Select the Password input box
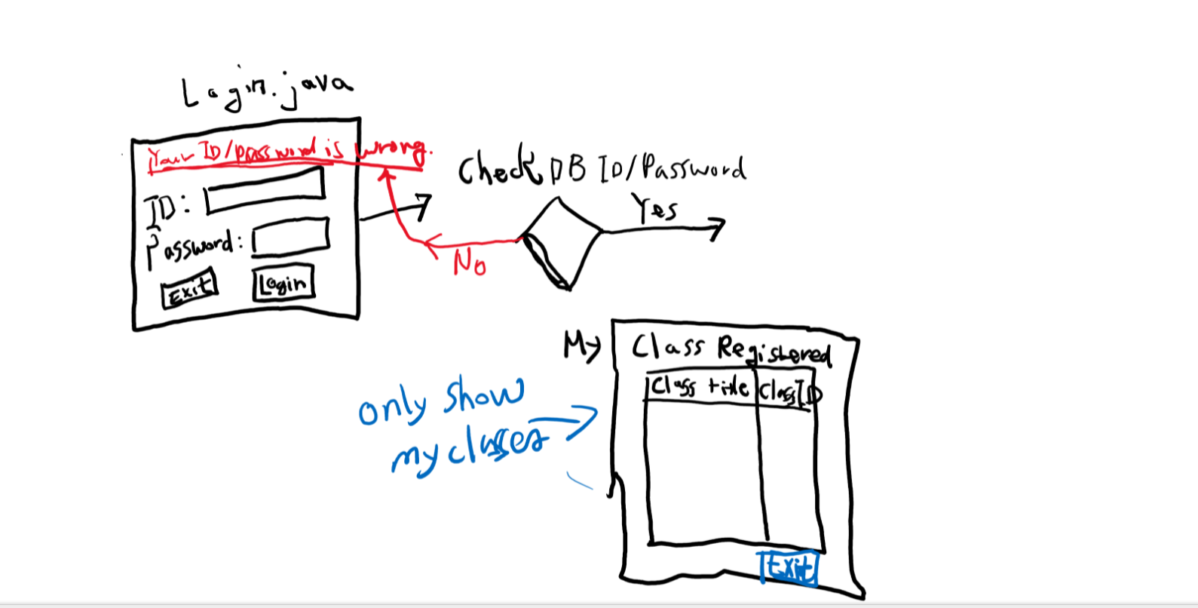coord(291,237)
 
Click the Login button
coord(283,284)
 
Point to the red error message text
coord(289,154)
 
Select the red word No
coord(469,263)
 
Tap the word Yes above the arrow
coord(654,208)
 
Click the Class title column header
coord(700,388)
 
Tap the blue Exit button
coord(789,567)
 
